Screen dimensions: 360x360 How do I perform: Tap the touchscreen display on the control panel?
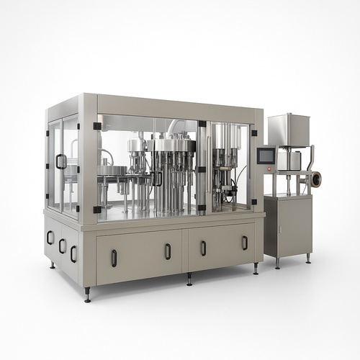coord(266,156)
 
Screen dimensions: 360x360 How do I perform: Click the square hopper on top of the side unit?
coord(288,130)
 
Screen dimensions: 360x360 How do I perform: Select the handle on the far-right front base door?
coord(244,243)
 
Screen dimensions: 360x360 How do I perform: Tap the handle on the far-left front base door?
coord(114,258)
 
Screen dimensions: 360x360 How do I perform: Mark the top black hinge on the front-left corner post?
coord(96,126)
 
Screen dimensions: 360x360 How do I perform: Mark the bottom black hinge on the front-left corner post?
coord(96,210)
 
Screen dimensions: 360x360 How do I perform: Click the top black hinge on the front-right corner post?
coord(202,124)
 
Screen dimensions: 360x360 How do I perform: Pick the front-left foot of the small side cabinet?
coord(277,264)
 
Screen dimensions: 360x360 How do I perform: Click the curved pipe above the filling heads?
coord(176,126)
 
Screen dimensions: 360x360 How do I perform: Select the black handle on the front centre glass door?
coord(157,178)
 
